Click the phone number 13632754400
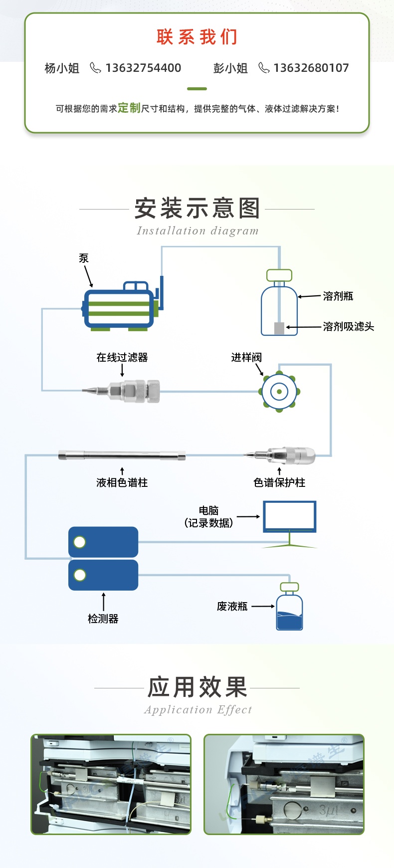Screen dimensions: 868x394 tap(143, 68)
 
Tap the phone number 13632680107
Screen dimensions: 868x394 tap(311, 68)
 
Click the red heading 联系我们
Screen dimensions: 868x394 tap(197, 37)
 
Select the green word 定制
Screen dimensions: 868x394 tap(129, 108)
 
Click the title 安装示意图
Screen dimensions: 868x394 tap(197, 208)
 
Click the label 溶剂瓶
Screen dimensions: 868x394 tap(338, 296)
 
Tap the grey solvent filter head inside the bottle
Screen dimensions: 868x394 tap(279, 328)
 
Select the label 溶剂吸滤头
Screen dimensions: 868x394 tap(348, 327)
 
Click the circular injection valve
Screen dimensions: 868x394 tap(279, 392)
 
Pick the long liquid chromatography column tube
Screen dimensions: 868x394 tap(122, 455)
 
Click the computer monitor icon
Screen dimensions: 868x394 tap(289, 517)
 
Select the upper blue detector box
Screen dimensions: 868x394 tap(103, 542)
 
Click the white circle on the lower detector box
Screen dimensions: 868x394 tap(80, 575)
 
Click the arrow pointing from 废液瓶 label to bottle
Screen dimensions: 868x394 tap(263, 607)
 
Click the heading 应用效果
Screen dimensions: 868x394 tap(197, 687)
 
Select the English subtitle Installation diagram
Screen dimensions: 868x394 tap(197, 230)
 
